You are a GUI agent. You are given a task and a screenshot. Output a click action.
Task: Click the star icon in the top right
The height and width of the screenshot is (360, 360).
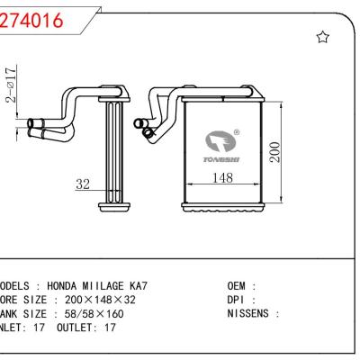323,37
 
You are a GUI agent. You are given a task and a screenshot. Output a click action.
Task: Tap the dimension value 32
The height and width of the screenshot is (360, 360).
83,184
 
